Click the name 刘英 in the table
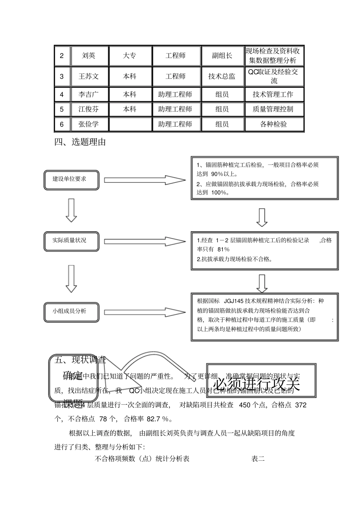coord(89,56)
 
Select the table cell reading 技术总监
coord(222,76)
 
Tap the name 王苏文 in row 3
coord(89,76)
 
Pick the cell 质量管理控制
coord(273,109)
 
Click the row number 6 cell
coord(62,124)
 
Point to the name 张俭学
coord(89,124)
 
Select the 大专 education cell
coord(130,56)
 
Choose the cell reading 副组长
coord(222,56)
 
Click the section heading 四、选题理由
coord(80,142)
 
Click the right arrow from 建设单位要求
coord(145,180)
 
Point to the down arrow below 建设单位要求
coord(71,210)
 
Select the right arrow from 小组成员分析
coord(145,312)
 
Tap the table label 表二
coord(258,459)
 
